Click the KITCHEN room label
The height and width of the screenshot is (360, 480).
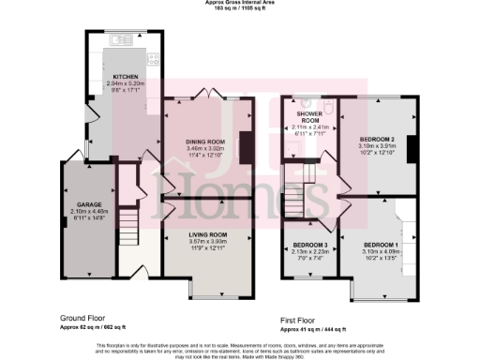126,76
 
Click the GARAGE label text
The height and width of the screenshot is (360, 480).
89,203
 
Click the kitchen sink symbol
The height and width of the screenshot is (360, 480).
120,40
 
